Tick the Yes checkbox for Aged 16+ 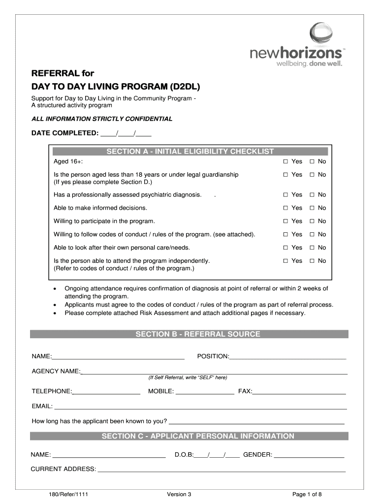tap(285, 162)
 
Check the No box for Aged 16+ tap(311, 162)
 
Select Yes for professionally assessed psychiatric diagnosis tap(285, 195)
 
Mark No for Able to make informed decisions tap(311, 208)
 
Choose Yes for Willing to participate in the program tap(285, 221)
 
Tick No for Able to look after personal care tap(311, 248)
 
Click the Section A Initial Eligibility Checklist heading tap(189, 152)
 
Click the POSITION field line tap(288, 357)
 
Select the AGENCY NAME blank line tap(214, 372)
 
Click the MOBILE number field tap(205, 392)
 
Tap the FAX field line tap(299, 392)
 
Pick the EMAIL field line tap(201, 408)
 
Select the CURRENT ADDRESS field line tap(221, 470)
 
